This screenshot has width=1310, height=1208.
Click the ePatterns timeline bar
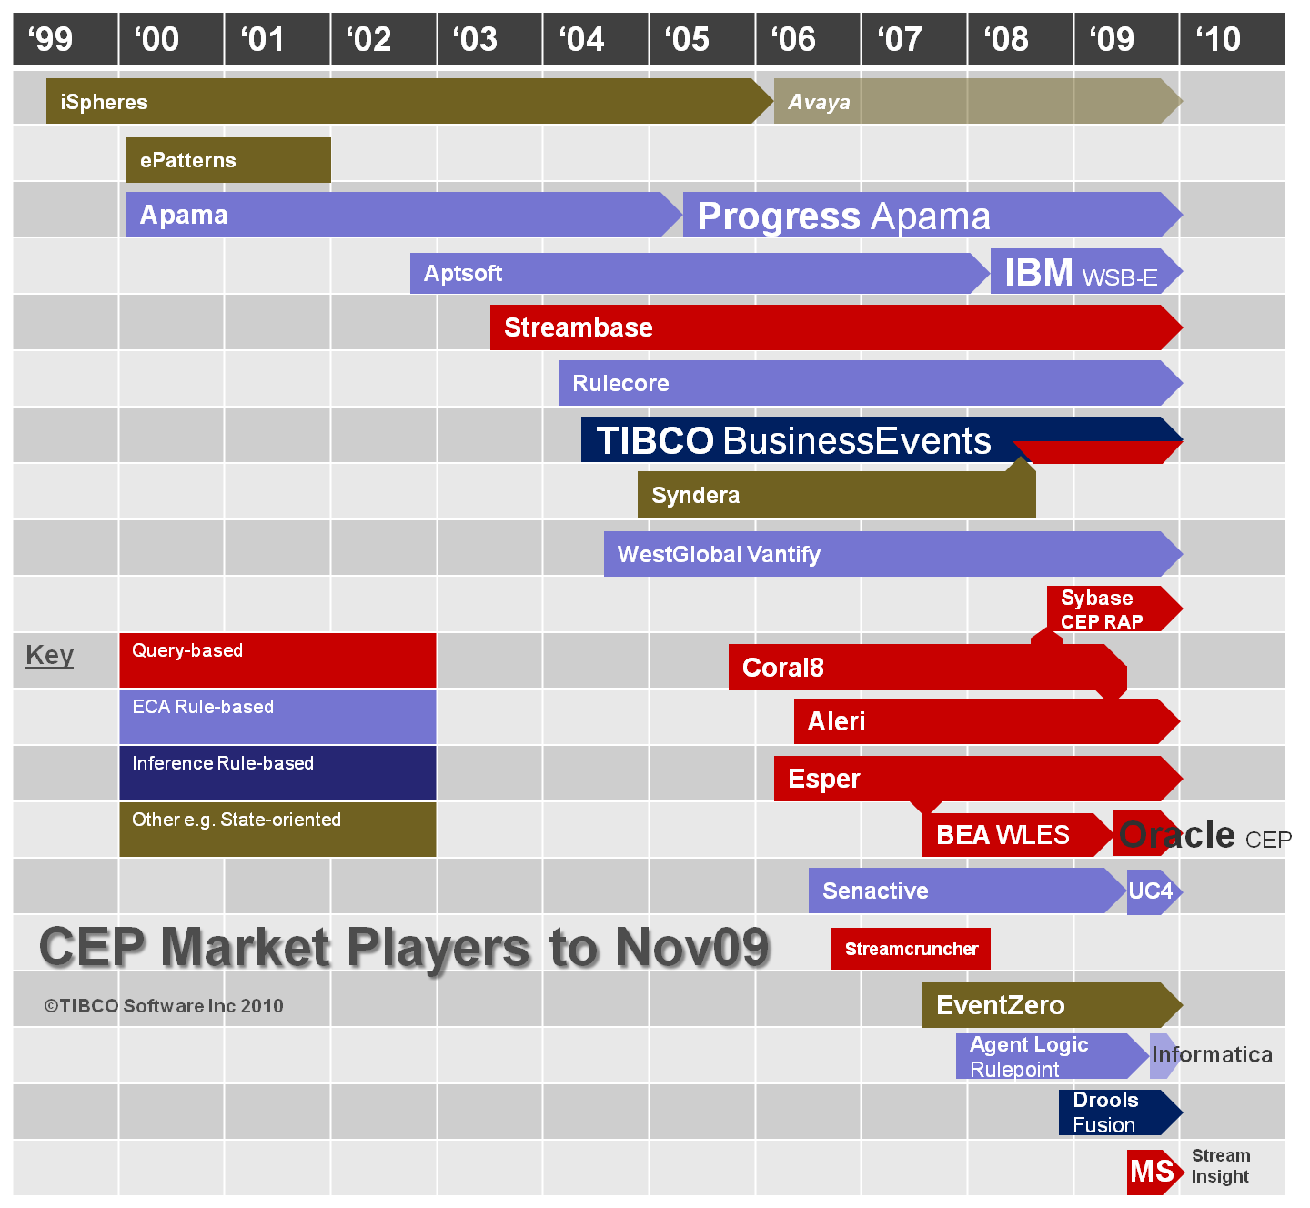click(x=228, y=160)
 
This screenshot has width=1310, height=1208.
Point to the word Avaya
click(x=819, y=102)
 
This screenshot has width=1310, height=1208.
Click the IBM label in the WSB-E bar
click(x=1039, y=273)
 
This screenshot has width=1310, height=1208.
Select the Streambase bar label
click(x=579, y=327)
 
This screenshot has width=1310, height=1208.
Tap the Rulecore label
click(x=620, y=383)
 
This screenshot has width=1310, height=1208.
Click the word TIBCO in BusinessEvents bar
click(x=655, y=440)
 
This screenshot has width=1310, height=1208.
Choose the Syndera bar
click(x=836, y=495)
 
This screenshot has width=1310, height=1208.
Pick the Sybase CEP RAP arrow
click(x=1113, y=609)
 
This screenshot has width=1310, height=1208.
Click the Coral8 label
click(x=783, y=668)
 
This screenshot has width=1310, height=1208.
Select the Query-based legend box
click(x=277, y=660)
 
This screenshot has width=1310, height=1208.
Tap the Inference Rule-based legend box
click(x=277, y=773)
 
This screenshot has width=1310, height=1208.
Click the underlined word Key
click(x=49, y=656)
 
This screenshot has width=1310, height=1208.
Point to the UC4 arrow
click(x=1154, y=891)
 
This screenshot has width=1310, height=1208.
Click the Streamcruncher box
click(x=911, y=949)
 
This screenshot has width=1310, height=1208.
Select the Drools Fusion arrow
click(x=1119, y=1112)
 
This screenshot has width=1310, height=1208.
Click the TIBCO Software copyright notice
click(x=164, y=1006)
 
